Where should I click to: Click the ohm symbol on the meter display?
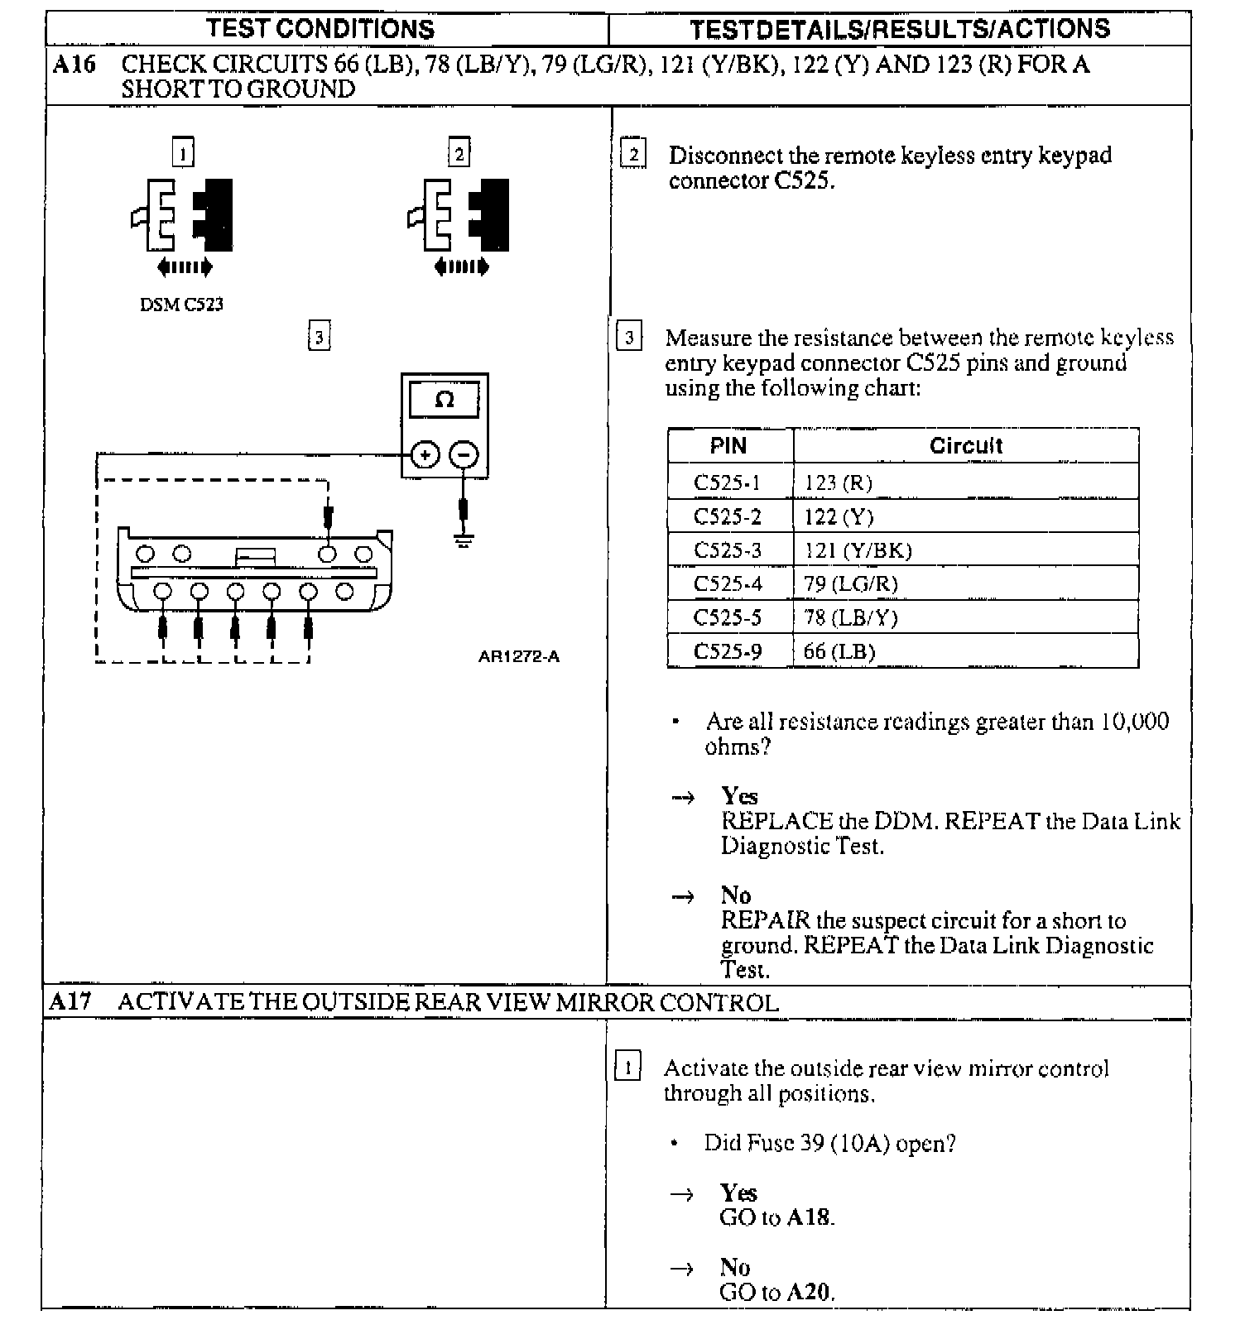(445, 401)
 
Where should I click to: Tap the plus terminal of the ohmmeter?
(425, 454)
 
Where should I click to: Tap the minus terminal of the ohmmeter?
(464, 454)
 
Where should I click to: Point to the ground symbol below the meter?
(464, 542)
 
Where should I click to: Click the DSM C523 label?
(181, 305)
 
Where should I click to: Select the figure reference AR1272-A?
(518, 656)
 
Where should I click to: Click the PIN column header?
(728, 446)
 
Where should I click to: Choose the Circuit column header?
(965, 446)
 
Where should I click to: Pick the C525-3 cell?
(728, 550)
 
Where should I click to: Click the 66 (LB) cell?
(839, 651)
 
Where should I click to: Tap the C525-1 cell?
(727, 482)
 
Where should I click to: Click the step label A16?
(74, 65)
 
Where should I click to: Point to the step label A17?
(70, 1002)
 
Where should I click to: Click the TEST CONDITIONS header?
(320, 29)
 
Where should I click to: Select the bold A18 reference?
(809, 1217)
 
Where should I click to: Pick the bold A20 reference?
(809, 1292)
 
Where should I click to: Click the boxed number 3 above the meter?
(319, 337)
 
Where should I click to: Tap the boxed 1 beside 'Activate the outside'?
(627, 1068)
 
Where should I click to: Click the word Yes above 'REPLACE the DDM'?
(739, 796)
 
